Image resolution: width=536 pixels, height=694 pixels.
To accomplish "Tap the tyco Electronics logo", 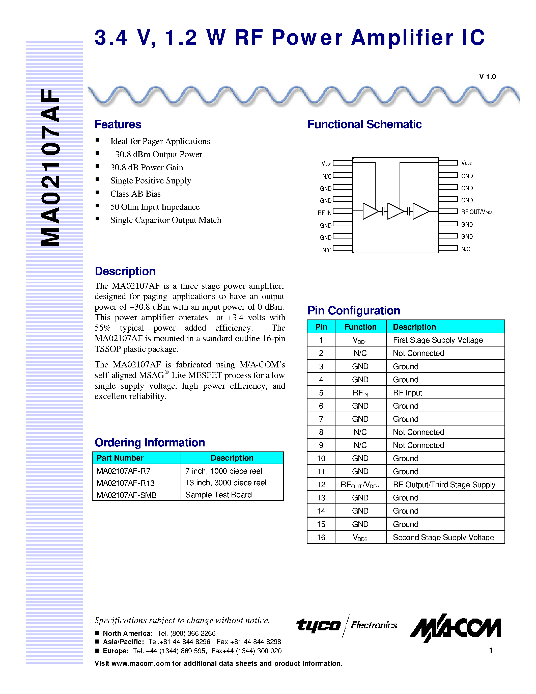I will coord(346,625).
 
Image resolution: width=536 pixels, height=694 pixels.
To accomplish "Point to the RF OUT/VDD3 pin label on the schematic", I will coord(476,212).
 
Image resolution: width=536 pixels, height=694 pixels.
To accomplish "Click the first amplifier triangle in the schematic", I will coord(370,211).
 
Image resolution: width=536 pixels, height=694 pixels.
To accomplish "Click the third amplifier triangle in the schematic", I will coord(420,211).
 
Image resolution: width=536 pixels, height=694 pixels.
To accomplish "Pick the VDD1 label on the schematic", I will coord(326,164).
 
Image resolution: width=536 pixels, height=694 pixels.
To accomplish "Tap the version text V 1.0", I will coord(487,76).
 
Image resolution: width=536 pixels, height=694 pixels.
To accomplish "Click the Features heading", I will coord(118,124).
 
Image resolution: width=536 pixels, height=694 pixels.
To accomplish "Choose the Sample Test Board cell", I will coord(218,495).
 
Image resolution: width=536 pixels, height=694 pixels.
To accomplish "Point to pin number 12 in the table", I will coord(321,485).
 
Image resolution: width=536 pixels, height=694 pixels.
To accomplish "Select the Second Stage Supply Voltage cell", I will coord(443,537).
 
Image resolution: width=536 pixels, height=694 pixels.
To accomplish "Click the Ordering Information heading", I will coord(150,442).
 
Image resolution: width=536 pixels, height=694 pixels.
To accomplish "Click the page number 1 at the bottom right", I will coord(491,650).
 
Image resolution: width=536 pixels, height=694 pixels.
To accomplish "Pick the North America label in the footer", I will coord(128,633).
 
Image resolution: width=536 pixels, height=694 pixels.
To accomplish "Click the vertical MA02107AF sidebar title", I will coord(51,168).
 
